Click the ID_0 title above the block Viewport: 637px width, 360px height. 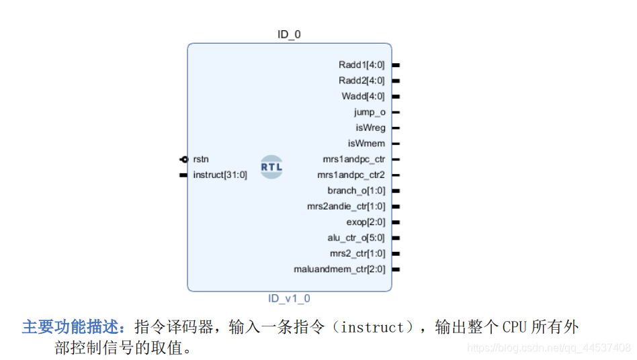click(289, 34)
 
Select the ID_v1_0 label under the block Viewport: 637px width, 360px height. click(289, 299)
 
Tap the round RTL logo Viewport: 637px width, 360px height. click(271, 167)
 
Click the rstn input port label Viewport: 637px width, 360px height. click(201, 160)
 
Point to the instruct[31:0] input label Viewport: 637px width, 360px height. click(220, 175)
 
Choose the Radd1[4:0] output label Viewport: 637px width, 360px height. click(362, 65)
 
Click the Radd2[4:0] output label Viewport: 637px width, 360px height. click(362, 81)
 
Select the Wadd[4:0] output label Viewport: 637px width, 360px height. click(363, 97)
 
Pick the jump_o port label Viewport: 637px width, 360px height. click(370, 112)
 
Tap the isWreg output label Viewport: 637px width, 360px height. click(370, 128)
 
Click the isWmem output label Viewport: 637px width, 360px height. click(366, 144)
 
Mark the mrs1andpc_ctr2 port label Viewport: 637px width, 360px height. click(351, 175)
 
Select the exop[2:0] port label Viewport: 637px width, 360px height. click(366, 222)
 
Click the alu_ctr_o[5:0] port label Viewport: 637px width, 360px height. click(356, 238)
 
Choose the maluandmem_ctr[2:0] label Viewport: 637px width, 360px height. click(339, 269)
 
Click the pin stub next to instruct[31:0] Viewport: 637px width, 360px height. click(183, 175)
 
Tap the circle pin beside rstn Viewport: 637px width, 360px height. click(183, 160)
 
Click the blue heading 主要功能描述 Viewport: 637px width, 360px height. click(74, 328)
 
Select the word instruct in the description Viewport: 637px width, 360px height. click(372, 328)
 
